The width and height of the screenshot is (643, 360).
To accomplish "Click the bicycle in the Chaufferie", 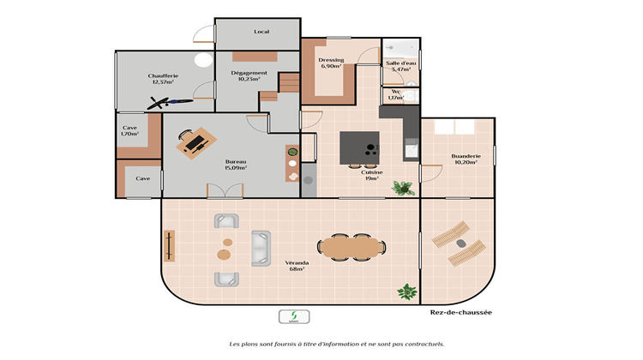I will click(168, 103).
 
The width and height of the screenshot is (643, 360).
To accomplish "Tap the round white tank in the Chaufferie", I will click(203, 61).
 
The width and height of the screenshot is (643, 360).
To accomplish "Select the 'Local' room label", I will click(261, 32).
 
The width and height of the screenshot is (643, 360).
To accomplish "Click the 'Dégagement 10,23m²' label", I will click(249, 76).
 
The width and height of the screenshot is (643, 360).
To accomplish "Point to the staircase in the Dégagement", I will click(290, 84).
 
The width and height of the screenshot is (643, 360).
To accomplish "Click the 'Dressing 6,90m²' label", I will click(331, 63).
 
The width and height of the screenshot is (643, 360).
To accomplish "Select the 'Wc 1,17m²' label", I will click(395, 94).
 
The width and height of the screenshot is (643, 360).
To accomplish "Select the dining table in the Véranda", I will click(352, 247).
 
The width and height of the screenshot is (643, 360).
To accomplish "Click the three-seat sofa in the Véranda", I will click(260, 247).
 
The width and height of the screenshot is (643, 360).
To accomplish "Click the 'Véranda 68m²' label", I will click(296, 266).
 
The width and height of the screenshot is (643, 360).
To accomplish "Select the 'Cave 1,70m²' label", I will click(130, 131).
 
